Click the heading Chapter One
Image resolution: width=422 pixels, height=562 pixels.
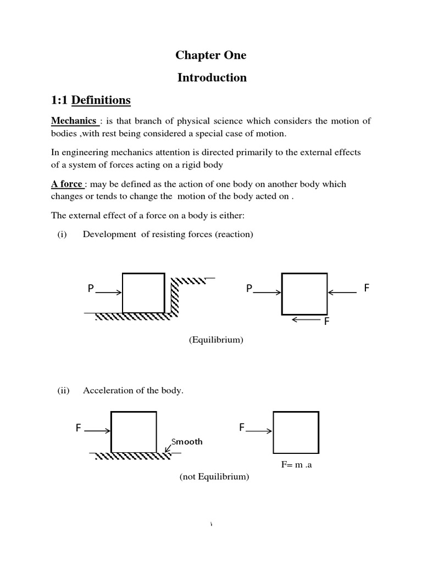(212, 55)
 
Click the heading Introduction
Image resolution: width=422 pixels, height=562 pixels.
(212, 78)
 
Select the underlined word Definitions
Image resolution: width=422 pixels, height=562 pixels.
(101, 100)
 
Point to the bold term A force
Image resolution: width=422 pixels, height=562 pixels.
(67, 184)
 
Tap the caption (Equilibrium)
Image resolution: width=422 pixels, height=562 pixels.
(216, 340)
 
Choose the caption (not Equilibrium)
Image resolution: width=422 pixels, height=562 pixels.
(214, 477)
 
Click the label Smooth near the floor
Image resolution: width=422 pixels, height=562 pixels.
(187, 441)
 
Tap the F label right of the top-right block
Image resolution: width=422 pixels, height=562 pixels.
(367, 288)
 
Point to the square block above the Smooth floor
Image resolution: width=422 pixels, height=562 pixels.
(134, 432)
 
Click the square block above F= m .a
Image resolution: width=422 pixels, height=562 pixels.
(296, 432)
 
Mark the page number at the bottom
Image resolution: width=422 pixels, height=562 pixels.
(212, 525)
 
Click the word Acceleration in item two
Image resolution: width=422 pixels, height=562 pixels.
(106, 391)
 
